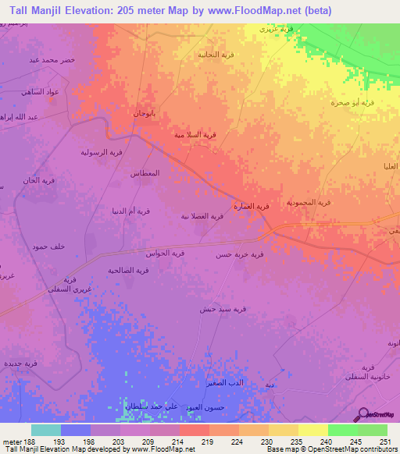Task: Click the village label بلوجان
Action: (x=145, y=113)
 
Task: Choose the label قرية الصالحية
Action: (x=128, y=270)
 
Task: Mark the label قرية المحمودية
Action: (x=308, y=202)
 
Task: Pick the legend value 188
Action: (x=24, y=441)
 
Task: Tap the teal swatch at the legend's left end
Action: (x=45, y=429)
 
